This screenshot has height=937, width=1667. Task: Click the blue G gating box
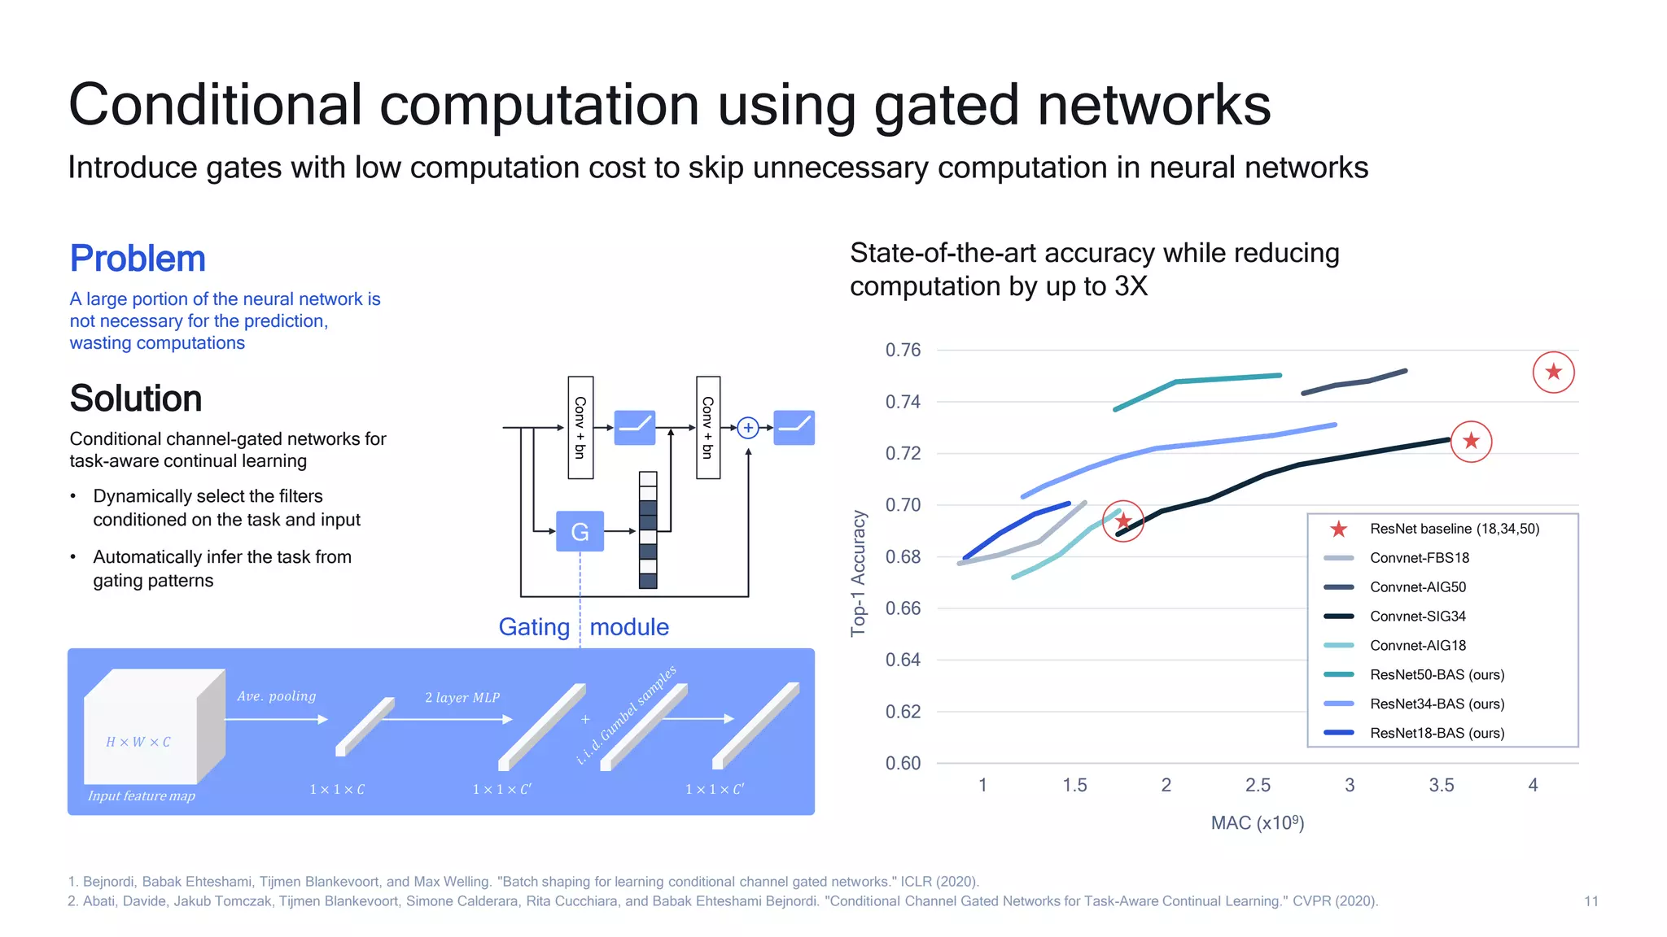580,531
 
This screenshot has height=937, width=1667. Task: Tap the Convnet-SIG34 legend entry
1417,616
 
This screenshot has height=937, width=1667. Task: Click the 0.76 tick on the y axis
903,350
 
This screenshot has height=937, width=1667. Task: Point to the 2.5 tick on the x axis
1258,785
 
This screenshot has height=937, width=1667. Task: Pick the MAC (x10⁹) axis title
1258,822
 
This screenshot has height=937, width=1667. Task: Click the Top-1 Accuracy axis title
858,573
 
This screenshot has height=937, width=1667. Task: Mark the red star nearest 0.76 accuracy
1553,372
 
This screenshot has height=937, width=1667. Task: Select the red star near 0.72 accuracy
1471,441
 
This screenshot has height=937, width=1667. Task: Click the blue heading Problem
138,259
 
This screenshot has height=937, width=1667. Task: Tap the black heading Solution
136,399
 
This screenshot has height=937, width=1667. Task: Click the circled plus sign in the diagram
747,428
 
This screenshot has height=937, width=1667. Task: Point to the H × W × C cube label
138,742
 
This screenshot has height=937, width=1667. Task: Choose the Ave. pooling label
276,696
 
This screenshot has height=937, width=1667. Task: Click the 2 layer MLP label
462,697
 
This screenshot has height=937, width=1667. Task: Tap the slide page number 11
1590,901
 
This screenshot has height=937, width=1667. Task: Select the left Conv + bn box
580,428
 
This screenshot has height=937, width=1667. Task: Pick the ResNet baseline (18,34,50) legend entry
1454,529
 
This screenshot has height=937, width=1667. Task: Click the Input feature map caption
142,795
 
